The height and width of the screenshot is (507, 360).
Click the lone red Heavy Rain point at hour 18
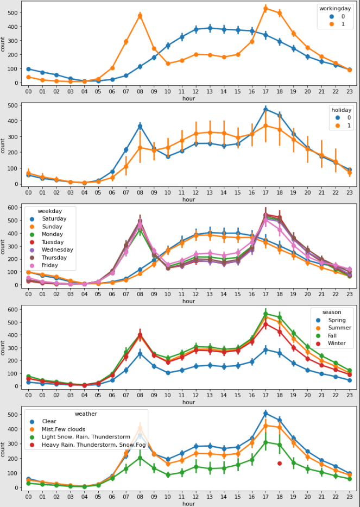[279, 463]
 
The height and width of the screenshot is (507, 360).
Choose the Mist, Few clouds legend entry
[64, 429]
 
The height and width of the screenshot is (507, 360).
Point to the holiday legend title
[342, 110]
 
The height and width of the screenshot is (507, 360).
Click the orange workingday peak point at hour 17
[266, 8]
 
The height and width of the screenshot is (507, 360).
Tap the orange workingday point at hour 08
[140, 16]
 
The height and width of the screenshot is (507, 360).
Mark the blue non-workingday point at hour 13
[210, 28]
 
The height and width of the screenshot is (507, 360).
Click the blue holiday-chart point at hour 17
[266, 110]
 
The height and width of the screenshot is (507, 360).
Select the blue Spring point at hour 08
[140, 354]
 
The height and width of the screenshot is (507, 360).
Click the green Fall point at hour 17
[266, 314]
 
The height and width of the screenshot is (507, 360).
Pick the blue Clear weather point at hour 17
[266, 414]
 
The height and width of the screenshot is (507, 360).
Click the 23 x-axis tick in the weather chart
[349, 497]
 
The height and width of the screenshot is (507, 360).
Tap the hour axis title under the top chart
[188, 99]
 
